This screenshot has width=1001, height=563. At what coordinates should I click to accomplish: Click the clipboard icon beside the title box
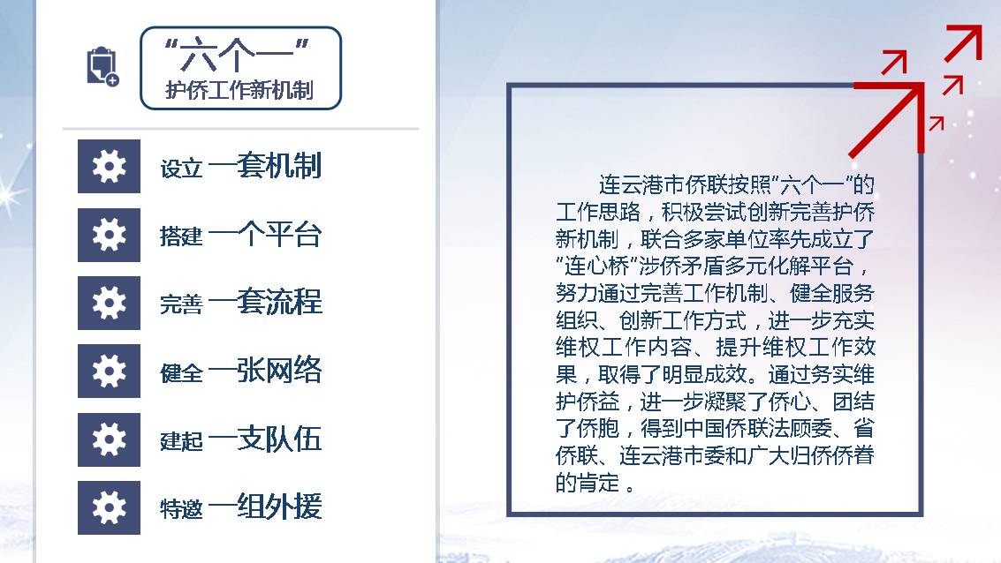[102, 66]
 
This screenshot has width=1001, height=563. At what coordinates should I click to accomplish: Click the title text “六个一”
[237, 55]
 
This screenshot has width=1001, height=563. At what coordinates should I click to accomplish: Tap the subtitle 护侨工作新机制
[239, 90]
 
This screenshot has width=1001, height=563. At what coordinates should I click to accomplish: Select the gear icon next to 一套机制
[110, 167]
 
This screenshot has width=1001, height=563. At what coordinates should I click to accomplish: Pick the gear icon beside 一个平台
[110, 235]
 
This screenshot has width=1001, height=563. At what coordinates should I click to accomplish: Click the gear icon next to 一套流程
[110, 303]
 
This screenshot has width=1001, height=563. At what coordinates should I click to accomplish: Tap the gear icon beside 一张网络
[110, 372]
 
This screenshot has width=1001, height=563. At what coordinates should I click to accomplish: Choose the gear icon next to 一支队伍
[110, 439]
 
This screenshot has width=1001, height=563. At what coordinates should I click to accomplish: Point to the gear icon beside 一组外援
[110, 507]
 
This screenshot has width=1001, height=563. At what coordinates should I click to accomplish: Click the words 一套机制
[265, 166]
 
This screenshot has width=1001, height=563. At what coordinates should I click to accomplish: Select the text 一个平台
[265, 234]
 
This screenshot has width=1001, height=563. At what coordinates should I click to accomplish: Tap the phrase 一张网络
[265, 370]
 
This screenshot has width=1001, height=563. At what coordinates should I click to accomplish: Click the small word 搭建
[181, 236]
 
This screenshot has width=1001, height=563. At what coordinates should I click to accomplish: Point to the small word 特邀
[181, 509]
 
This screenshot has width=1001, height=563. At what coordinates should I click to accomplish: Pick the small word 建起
[181, 440]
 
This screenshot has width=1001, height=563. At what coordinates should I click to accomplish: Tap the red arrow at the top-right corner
[964, 43]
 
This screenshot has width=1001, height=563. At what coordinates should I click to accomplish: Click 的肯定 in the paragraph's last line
[588, 482]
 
